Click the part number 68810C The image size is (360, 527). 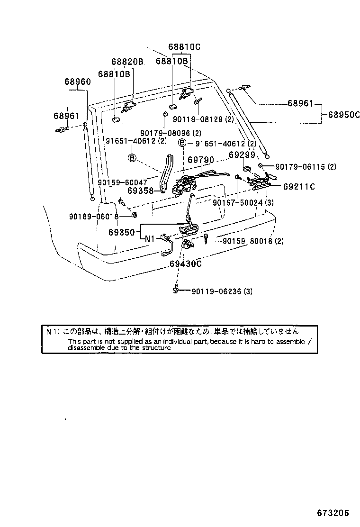pyautogui.click(x=184, y=47)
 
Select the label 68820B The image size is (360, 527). pyautogui.click(x=127, y=62)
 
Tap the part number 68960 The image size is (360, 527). pyautogui.click(x=78, y=82)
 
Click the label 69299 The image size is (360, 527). pyautogui.click(x=242, y=155)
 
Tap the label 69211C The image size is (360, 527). pyautogui.click(x=299, y=187)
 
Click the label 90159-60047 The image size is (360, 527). pyautogui.click(x=122, y=182)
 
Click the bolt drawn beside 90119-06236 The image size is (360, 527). pyautogui.click(x=176, y=290)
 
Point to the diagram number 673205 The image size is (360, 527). pyautogui.click(x=333, y=514)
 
